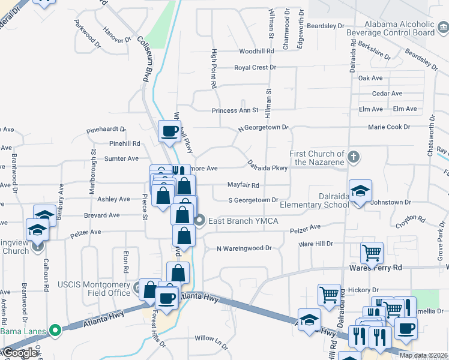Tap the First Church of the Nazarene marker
pyautogui.click(x=354, y=158)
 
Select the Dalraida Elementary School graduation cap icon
pyautogui.click(x=360, y=192)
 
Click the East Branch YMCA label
pyautogui.click(x=243, y=221)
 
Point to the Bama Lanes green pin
pyautogui.click(x=55, y=330)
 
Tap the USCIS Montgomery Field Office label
pyautogui.click(x=94, y=288)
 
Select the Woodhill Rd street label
pyautogui.click(x=256, y=52)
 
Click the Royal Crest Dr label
pyautogui.click(x=255, y=68)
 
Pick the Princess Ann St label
pyautogui.click(x=235, y=110)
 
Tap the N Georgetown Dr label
pyautogui.click(x=263, y=128)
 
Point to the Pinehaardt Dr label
pyautogui.click(x=106, y=129)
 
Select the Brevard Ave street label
pyautogui.click(x=102, y=215)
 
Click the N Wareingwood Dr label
pyautogui.click(x=244, y=248)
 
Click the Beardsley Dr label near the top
pyautogui.click(x=325, y=26)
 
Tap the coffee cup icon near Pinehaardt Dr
pyautogui.click(x=169, y=131)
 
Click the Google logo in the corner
pyautogui.click(x=19, y=353)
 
